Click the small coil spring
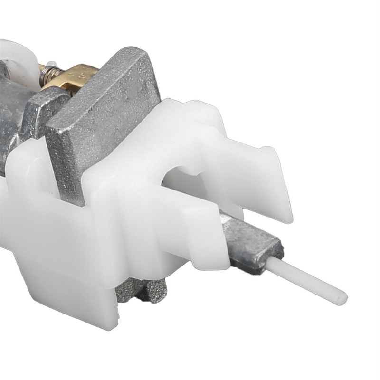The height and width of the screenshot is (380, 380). pos(48,74)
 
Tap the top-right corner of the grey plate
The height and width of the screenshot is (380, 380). pos(145,51)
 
